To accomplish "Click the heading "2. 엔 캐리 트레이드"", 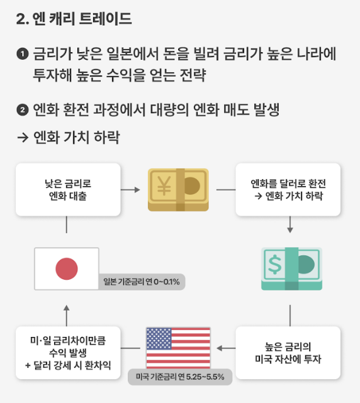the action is coord(74,18).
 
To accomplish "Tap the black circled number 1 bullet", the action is coord(23,54).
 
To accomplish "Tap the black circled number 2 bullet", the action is coord(23,110).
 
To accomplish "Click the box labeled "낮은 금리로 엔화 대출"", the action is coord(68,190).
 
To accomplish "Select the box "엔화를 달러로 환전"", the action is coord(288,190).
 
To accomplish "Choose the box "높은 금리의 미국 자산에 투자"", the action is coord(288,353).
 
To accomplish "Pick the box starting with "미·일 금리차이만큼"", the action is coord(68,353).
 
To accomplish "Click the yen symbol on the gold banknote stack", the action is coord(164,186).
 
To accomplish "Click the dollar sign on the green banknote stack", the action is coord(274,264).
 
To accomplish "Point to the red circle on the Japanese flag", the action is coord(67,269).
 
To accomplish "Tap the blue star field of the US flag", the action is coord(159,339).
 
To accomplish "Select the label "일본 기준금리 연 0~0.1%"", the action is coord(141,282).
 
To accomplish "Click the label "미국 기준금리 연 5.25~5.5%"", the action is coord(180,377).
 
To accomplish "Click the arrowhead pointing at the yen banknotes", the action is coord(137,190).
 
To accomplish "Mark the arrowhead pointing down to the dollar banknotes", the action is coord(290,230).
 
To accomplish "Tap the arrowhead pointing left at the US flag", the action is coord(220,348).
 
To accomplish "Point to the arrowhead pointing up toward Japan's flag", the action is coord(67,308).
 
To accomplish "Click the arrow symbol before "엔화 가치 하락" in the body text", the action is coord(23,138).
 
